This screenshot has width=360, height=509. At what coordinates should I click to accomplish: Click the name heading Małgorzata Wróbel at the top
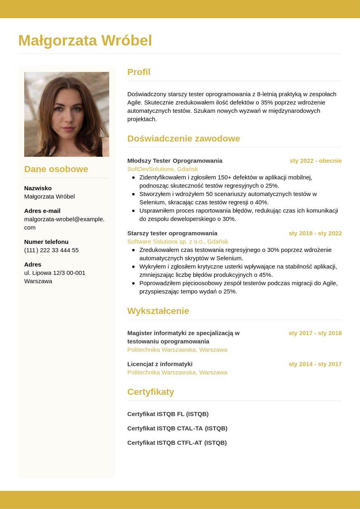click(85, 40)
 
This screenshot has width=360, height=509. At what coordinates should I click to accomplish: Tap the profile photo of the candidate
click(67, 114)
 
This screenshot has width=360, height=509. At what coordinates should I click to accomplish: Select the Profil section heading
click(139, 72)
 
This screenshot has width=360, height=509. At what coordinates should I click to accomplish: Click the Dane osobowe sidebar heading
click(56, 169)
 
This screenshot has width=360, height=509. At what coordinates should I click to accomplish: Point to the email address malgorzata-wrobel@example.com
click(64, 223)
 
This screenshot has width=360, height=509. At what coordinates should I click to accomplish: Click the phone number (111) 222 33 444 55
click(51, 250)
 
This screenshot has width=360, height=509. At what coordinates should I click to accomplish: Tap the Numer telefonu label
click(46, 242)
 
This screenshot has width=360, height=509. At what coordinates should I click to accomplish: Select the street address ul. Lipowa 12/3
click(54, 273)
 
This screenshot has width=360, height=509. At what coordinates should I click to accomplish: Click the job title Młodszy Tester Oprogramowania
click(175, 160)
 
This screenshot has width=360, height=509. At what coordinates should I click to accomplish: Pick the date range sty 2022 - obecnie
click(315, 160)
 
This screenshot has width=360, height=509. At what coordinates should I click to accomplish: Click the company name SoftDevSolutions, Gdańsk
click(162, 169)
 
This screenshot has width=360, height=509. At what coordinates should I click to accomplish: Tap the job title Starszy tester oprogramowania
click(172, 233)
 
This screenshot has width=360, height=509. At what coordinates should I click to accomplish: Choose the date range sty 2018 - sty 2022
click(315, 233)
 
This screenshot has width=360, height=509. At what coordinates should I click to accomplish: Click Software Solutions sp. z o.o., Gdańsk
click(177, 241)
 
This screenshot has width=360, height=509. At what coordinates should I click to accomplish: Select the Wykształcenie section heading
click(158, 311)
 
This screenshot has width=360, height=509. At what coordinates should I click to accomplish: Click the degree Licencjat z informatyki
click(160, 364)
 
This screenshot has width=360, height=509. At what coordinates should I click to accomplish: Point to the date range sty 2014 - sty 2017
click(315, 364)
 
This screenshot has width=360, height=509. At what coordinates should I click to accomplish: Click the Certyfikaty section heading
click(150, 392)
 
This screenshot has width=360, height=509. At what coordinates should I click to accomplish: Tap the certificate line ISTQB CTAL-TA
click(177, 428)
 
